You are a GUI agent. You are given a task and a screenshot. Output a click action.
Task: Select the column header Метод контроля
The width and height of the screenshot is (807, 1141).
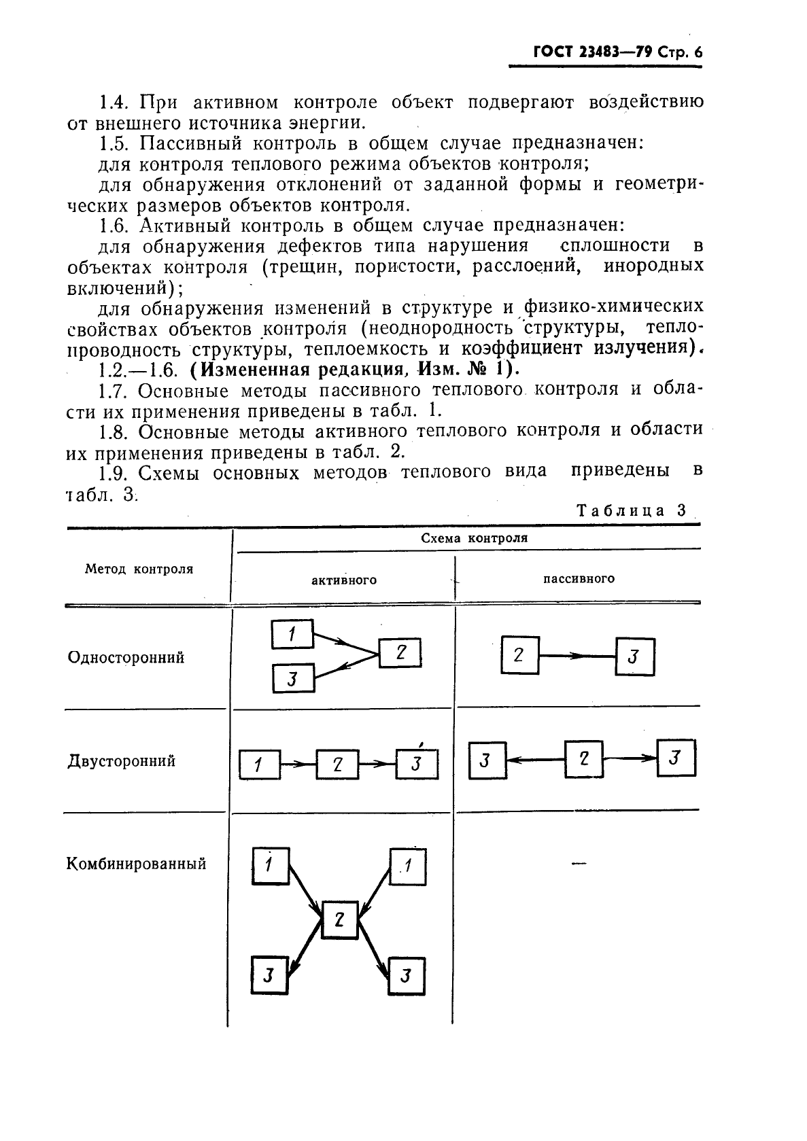139,569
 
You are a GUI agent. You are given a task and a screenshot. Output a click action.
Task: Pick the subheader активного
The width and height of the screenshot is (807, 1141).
344,580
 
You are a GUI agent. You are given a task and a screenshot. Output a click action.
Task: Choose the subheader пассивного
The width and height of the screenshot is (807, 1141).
579,578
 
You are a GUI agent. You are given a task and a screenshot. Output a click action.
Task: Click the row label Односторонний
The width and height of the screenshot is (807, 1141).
126,658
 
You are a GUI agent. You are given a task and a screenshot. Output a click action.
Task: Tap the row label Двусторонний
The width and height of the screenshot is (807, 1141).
122,760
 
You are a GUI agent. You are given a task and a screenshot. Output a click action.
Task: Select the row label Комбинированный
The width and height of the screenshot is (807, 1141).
137,864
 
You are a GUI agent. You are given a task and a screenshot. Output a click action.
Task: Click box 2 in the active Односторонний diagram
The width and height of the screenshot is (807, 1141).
400,654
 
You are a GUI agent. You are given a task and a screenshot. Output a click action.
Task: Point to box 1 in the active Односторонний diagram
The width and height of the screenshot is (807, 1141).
292,635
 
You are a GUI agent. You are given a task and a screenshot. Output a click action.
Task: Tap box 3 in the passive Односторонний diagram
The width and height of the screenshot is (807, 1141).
635,656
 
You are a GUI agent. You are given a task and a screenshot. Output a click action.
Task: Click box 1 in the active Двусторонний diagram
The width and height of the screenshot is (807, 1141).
260,765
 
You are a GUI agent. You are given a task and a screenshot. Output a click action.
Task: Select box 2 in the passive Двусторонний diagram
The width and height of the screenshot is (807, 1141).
583,759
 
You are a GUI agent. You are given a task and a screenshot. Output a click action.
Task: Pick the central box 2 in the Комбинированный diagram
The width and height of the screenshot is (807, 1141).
340,920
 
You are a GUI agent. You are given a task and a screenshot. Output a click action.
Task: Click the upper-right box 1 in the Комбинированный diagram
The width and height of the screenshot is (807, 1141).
408,866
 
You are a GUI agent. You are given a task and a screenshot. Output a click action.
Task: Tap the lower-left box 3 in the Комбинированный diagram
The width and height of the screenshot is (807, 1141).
269,976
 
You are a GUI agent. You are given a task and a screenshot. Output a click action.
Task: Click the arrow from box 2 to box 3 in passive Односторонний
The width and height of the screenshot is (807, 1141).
577,656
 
